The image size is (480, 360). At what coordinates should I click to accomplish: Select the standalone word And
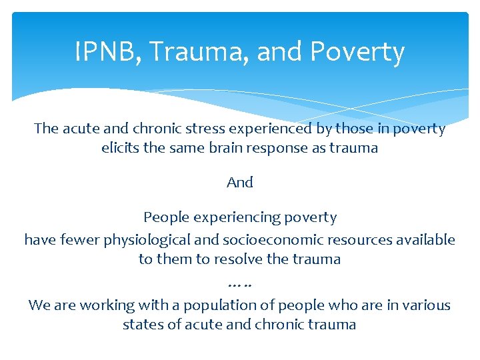tap(240, 182)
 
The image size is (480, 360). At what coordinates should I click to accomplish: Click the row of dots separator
tap(240, 285)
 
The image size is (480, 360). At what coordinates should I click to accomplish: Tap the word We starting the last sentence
tap(39, 305)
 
